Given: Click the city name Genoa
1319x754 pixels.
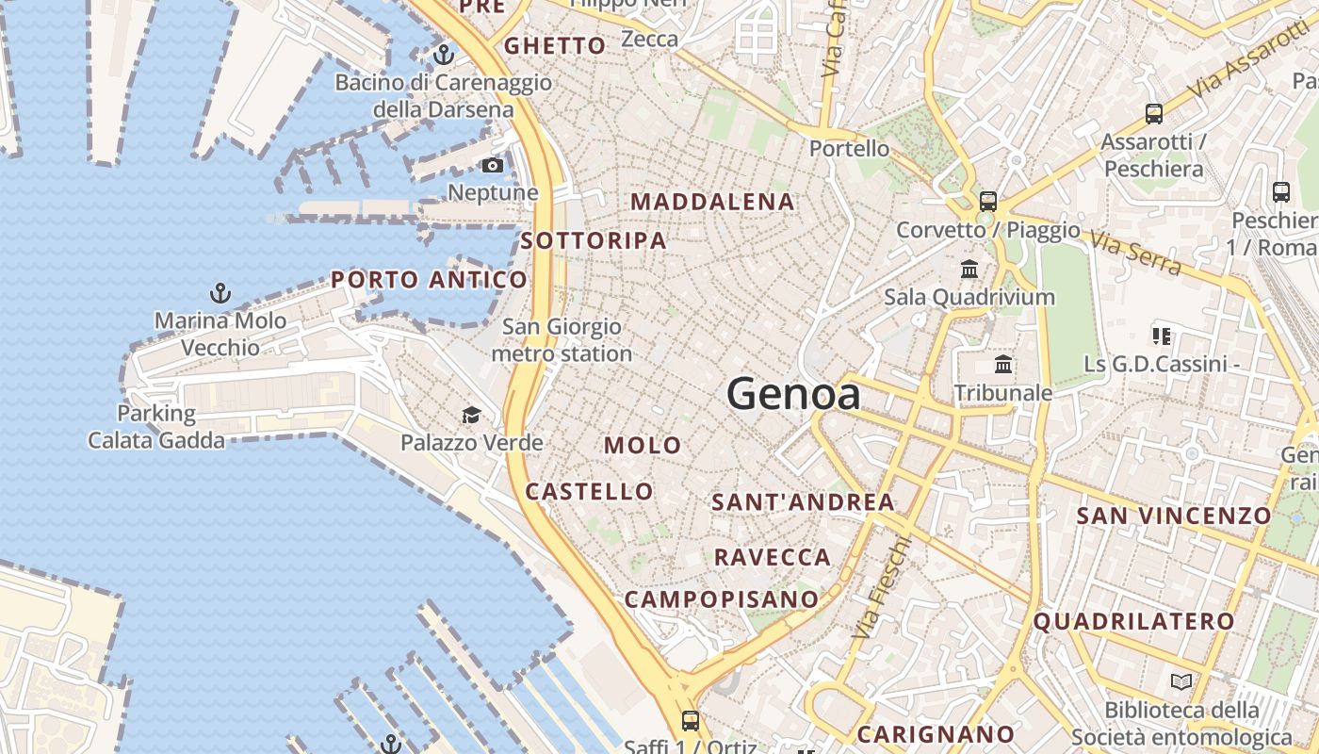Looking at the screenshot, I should (x=793, y=394).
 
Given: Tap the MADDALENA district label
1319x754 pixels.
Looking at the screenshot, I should (x=712, y=202).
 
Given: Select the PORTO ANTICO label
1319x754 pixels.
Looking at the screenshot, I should (x=429, y=280).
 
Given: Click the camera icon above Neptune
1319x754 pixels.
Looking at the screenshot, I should (x=492, y=166).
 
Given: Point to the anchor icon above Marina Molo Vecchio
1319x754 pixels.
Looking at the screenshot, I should (x=220, y=293).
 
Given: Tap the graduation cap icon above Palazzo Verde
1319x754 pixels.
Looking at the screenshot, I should (x=471, y=415).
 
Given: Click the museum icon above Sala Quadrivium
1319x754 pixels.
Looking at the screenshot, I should (x=969, y=270).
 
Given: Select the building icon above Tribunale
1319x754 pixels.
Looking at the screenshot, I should (x=1003, y=364).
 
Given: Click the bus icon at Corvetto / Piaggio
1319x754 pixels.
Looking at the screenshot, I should (x=987, y=201).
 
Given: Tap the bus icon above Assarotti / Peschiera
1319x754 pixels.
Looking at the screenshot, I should (x=1153, y=114).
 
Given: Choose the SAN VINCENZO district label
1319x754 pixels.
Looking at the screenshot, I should (x=1174, y=516).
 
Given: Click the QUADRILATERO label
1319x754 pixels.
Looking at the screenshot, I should (x=1133, y=621).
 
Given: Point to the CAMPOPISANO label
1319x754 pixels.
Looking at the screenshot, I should (x=722, y=598).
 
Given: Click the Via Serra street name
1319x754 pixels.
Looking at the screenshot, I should (x=1135, y=253).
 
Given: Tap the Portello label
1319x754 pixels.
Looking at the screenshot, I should (x=849, y=148).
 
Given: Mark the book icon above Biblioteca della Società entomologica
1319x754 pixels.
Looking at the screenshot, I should (x=1181, y=681).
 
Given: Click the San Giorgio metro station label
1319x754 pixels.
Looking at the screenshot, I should (x=562, y=340).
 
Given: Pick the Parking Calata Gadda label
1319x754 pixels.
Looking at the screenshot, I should (x=156, y=427).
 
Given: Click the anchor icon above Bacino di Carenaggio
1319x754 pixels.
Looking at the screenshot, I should (x=443, y=54).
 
